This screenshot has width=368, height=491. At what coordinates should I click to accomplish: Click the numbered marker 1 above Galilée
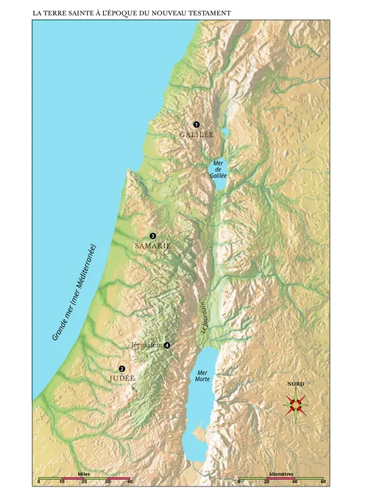(x=197, y=124)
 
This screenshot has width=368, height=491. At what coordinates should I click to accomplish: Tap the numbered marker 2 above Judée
(x=122, y=369)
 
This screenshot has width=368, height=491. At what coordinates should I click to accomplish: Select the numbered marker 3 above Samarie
(x=152, y=235)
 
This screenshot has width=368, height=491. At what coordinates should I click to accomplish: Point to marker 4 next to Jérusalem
(x=167, y=345)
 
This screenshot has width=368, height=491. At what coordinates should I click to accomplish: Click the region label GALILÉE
(x=196, y=135)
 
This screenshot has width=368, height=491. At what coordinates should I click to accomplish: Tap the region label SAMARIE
(x=152, y=246)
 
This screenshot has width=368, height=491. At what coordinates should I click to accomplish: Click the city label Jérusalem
(x=145, y=345)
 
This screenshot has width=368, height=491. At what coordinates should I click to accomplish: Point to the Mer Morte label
(x=202, y=375)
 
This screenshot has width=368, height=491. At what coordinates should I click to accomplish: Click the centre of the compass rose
(x=297, y=403)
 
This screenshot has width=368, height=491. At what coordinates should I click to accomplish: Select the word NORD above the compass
(x=296, y=384)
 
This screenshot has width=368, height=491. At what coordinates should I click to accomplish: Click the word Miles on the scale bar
(x=83, y=474)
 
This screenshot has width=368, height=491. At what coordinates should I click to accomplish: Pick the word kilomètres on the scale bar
(x=283, y=474)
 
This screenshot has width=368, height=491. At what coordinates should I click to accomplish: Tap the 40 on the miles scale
(x=130, y=482)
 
